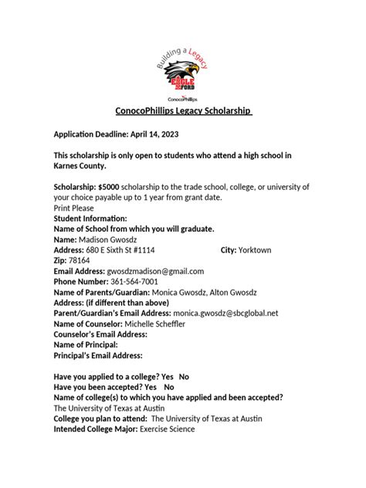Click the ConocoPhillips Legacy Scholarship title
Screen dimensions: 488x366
[x=181, y=111]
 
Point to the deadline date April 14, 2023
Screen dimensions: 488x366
[x=161, y=133]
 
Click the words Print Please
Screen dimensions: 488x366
[x=77, y=208]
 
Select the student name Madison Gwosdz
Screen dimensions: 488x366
[x=86, y=240]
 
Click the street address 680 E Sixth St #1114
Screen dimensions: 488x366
[x=117, y=251]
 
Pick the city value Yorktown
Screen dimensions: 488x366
[x=258, y=251]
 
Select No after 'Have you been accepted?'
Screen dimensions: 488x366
[x=169, y=387]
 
